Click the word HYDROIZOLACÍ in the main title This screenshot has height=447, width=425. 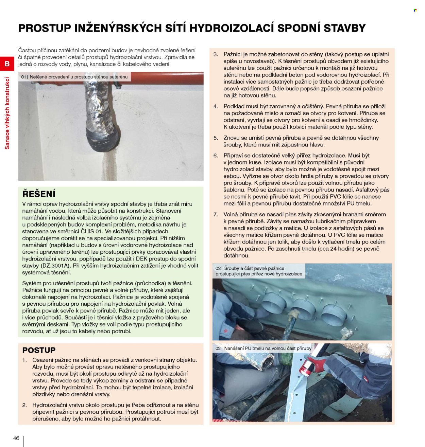tap(231, 28)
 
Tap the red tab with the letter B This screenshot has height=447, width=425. tap(7, 64)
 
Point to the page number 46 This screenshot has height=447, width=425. tap(16, 438)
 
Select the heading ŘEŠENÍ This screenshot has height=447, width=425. tap(39, 194)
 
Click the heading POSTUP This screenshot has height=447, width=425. tap(39, 350)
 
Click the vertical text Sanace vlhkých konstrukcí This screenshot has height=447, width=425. tap(7, 113)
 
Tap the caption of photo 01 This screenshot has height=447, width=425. tap(74, 77)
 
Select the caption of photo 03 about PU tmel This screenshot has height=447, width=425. tap(263, 348)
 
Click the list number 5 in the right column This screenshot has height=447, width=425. tap(216, 138)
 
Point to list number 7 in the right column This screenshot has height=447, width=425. tap(216, 215)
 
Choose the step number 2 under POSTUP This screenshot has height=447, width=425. tap(24, 405)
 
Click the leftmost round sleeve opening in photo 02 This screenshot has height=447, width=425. tap(274, 302)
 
